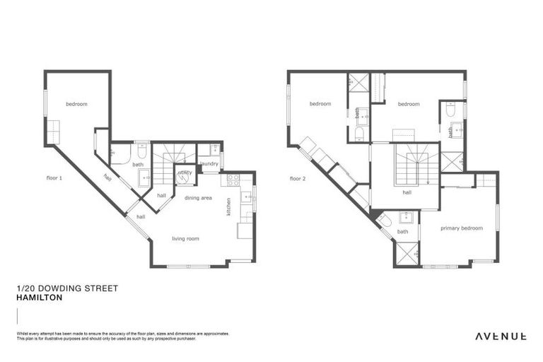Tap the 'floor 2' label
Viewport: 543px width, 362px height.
point(298,178)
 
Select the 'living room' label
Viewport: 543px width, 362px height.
point(185,239)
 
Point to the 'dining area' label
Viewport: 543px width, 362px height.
point(198,198)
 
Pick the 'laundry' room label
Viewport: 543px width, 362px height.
point(209,164)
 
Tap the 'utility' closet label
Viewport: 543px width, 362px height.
point(185,172)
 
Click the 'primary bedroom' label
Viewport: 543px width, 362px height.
point(461,228)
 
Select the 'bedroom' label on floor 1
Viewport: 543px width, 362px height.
point(76,105)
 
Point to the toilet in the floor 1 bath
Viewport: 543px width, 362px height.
point(141,151)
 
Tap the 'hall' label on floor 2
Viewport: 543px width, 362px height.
point(407,192)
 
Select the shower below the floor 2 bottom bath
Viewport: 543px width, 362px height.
point(408,253)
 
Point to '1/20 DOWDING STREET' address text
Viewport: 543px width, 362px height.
point(66,288)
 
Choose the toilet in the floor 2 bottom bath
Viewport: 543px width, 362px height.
point(384,221)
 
